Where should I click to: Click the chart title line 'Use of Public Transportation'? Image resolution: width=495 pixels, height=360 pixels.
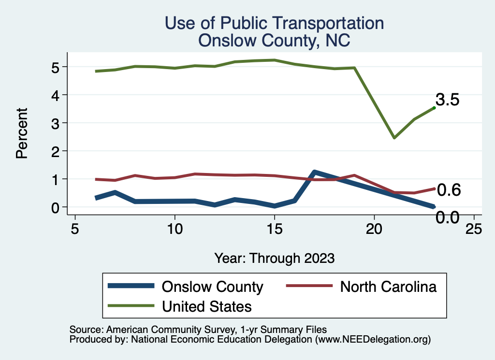[x=274, y=23]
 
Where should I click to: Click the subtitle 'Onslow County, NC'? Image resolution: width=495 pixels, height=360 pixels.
[x=274, y=40]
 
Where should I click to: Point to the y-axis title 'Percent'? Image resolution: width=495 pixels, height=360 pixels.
[x=21, y=140]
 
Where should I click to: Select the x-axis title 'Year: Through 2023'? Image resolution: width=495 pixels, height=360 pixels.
[x=274, y=258]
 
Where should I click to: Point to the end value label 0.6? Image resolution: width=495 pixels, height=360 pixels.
[x=449, y=190]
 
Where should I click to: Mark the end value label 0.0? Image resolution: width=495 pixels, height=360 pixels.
[x=447, y=217]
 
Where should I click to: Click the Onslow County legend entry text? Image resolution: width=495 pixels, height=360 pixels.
[x=212, y=287]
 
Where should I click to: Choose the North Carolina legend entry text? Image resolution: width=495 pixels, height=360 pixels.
[x=388, y=287]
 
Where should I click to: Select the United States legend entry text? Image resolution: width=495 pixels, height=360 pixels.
[x=207, y=306]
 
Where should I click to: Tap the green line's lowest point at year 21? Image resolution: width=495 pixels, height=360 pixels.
[x=394, y=138]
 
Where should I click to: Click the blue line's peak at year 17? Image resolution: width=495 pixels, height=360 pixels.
[x=314, y=172]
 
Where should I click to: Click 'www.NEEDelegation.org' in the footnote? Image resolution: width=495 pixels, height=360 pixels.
[x=372, y=340]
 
